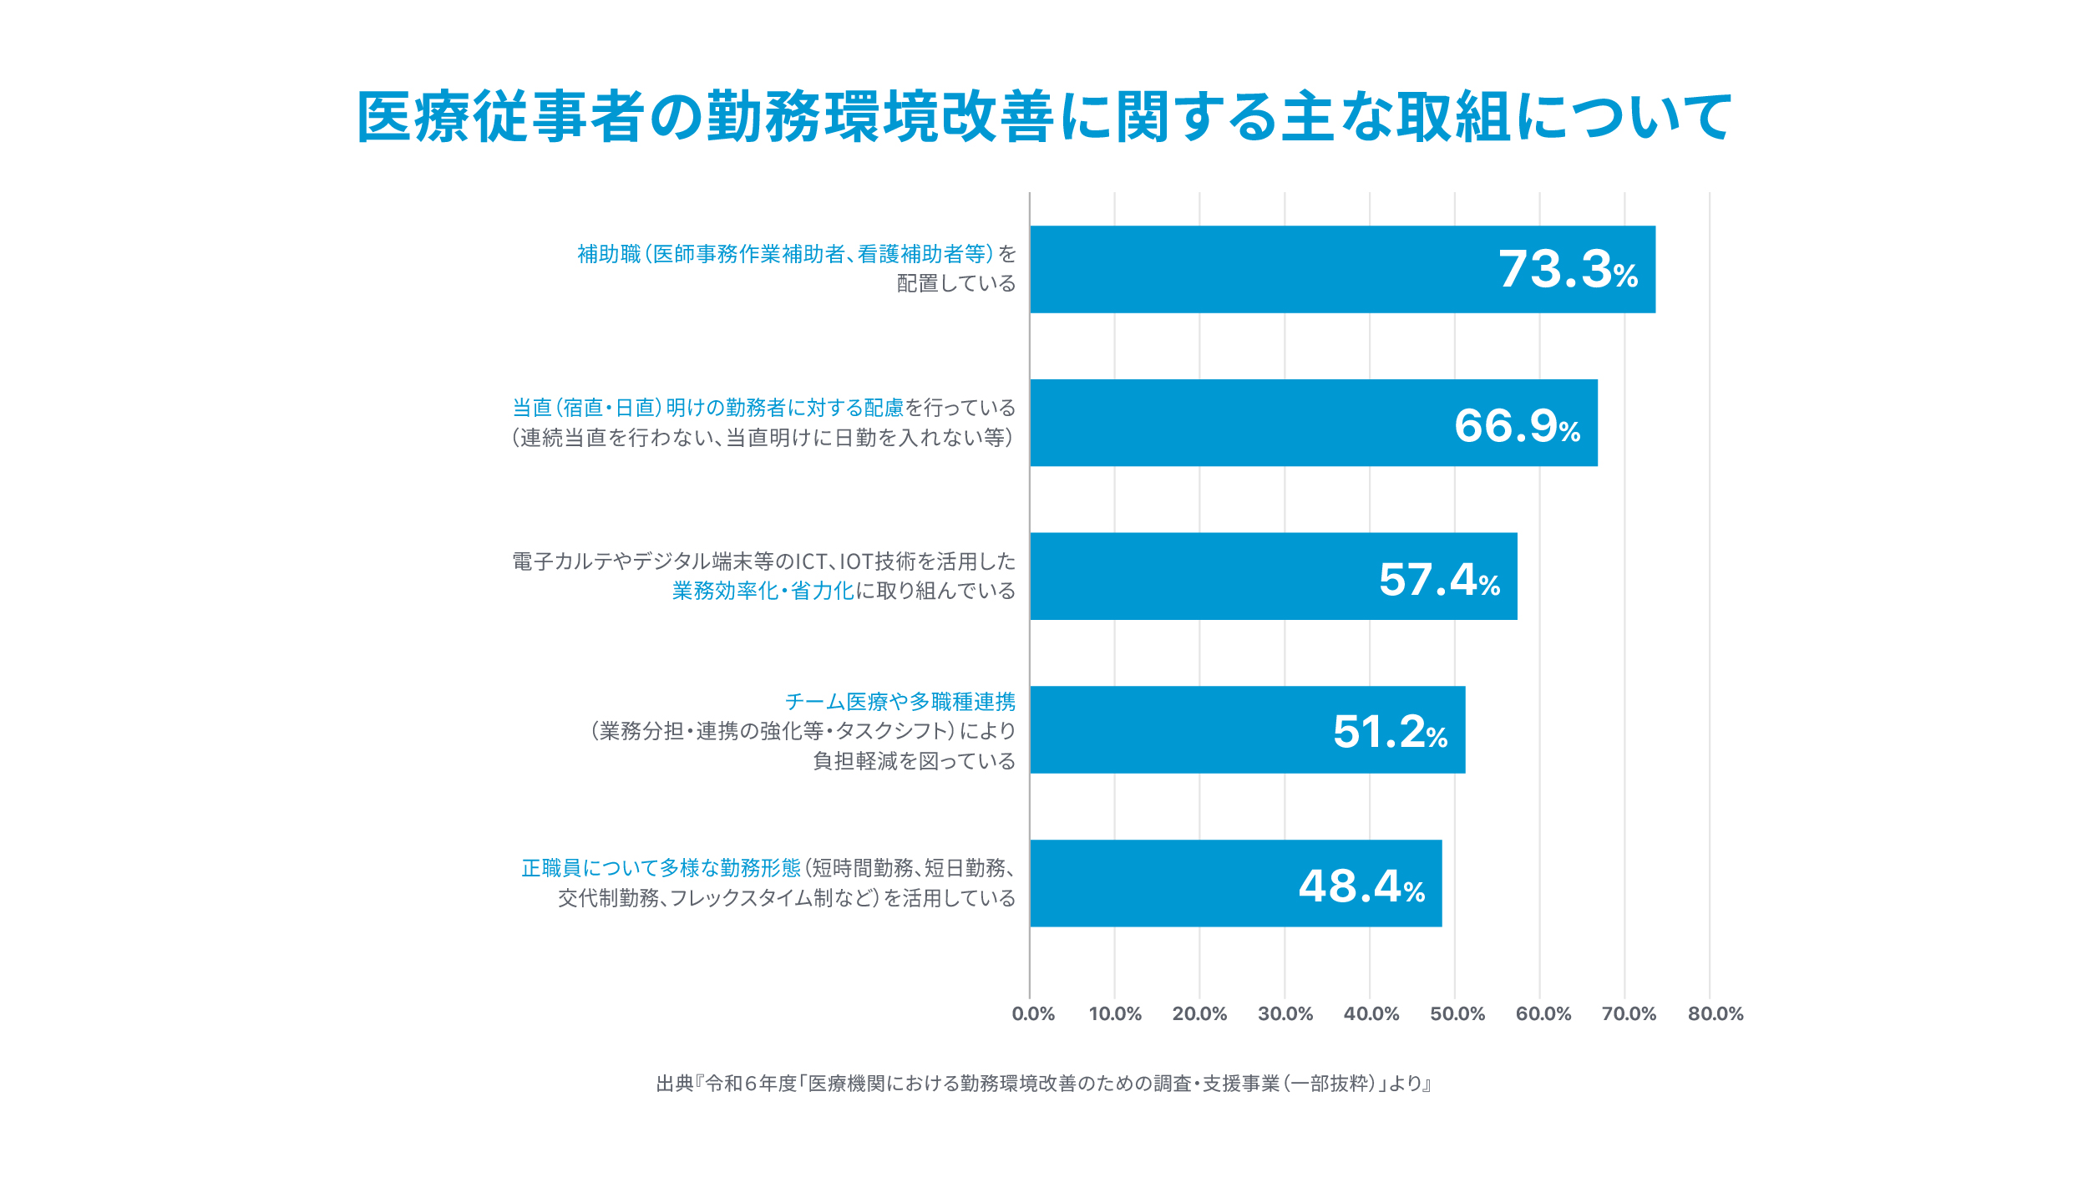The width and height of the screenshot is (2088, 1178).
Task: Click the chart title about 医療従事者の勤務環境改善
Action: point(1044,117)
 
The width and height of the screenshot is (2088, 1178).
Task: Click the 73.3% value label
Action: point(1568,270)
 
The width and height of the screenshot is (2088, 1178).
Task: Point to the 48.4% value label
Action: point(1361,886)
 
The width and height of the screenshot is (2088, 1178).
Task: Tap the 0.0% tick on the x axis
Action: point(1033,1014)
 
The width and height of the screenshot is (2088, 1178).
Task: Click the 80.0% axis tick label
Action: point(1716,1014)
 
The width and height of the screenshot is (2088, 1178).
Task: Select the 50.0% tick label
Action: point(1457,1014)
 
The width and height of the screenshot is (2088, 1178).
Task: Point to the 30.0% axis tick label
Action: point(1285,1014)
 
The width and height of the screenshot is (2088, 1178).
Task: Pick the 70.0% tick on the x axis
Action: point(1629,1014)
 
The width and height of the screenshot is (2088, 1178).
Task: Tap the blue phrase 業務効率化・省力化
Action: point(763,591)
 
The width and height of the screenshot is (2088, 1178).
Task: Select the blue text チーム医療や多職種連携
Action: point(900,702)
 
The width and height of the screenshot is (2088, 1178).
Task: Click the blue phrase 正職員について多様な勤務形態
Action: point(661,868)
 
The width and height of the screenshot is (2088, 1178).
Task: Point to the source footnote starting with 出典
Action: point(1044,1084)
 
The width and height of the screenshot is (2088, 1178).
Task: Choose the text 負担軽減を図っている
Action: point(914,761)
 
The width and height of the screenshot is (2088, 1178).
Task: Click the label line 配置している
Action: point(955,284)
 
